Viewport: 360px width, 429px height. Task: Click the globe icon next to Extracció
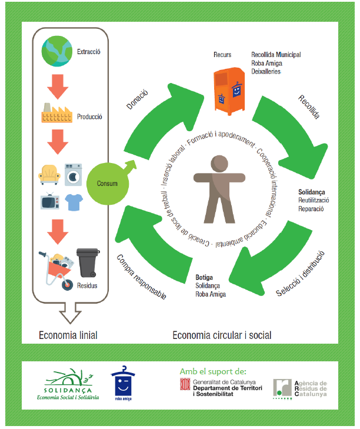[x=57, y=51]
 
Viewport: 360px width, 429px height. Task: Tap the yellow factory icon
[x=56, y=112]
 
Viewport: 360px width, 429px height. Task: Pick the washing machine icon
[x=73, y=174]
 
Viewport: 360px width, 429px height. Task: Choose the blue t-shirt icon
[x=73, y=201]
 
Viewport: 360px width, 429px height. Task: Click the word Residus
[x=86, y=286]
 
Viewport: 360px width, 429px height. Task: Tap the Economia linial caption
[x=68, y=335]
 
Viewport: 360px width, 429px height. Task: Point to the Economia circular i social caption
[x=222, y=335]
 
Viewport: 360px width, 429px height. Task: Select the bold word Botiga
[x=204, y=277]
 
